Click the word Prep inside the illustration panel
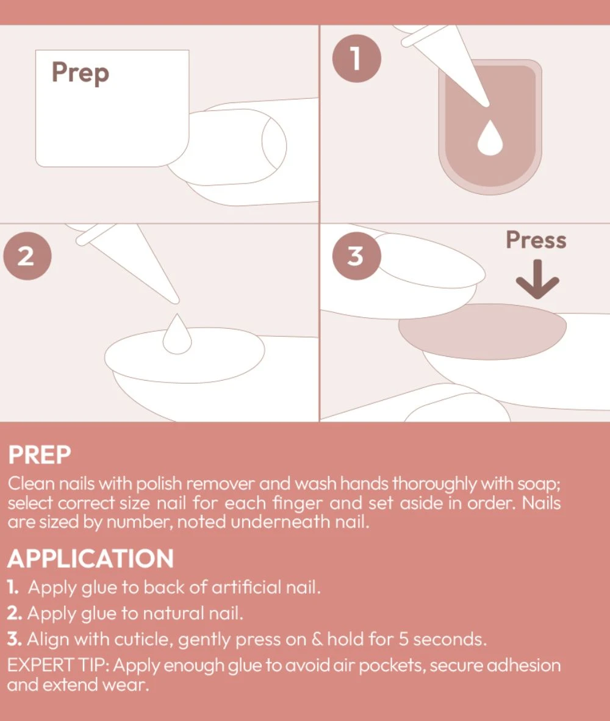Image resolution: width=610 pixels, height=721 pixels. [81, 73]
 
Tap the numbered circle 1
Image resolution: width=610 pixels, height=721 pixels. [357, 59]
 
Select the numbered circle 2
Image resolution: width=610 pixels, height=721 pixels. [27, 256]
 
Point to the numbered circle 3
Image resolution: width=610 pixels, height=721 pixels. [357, 256]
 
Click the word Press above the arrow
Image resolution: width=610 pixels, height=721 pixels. [536, 240]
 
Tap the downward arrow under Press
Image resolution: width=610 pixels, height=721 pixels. [537, 279]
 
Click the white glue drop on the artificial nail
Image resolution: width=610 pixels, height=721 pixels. [490, 137]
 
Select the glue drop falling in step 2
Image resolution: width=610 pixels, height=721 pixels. [177, 334]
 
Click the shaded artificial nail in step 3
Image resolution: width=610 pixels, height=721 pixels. [483, 332]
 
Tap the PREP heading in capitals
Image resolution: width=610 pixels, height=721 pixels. [40, 455]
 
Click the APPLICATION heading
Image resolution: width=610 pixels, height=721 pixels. [90, 559]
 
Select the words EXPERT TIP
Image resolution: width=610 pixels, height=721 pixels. [59, 665]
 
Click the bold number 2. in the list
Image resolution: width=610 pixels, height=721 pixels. [15, 614]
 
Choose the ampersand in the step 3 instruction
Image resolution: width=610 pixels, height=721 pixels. [318, 639]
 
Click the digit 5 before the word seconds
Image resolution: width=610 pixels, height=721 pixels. [403, 639]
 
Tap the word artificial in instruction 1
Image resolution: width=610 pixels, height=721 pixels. [246, 587]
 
